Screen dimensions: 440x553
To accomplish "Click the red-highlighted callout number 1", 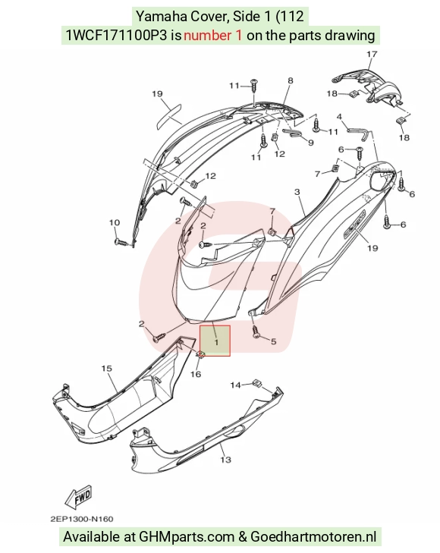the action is click(216, 342).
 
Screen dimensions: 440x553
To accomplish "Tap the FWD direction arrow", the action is click(78, 498).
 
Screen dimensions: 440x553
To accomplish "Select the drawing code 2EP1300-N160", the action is click(82, 519).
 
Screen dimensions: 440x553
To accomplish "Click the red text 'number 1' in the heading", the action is click(213, 35).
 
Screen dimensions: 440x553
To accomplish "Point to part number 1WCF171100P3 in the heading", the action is click(116, 35).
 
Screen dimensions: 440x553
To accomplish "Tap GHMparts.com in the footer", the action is click(187, 537).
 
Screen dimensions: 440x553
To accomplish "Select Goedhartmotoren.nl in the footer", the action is click(313, 537).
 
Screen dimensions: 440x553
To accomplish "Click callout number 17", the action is click(372, 54).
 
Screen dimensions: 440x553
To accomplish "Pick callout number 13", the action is click(225, 460).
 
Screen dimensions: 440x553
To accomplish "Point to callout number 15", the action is click(107, 369).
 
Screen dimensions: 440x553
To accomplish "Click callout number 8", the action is click(290, 80).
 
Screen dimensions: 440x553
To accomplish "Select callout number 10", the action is click(115, 222).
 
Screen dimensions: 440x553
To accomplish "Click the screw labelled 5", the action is click(256, 332).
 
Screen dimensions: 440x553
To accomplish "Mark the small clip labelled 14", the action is click(257, 382).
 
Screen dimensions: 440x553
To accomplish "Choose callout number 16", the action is click(196, 373).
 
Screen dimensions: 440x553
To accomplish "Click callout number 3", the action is click(297, 192).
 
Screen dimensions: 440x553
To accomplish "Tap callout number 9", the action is click(310, 143).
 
